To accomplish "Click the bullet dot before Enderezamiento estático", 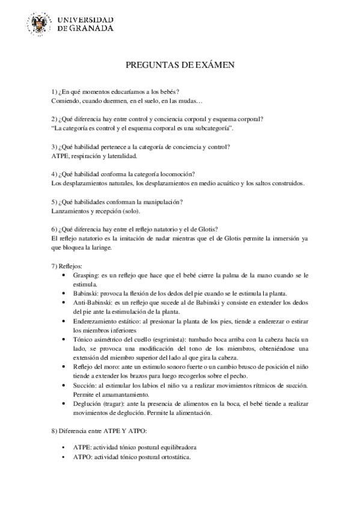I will click(65, 321).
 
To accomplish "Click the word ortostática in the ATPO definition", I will click(172, 457).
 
